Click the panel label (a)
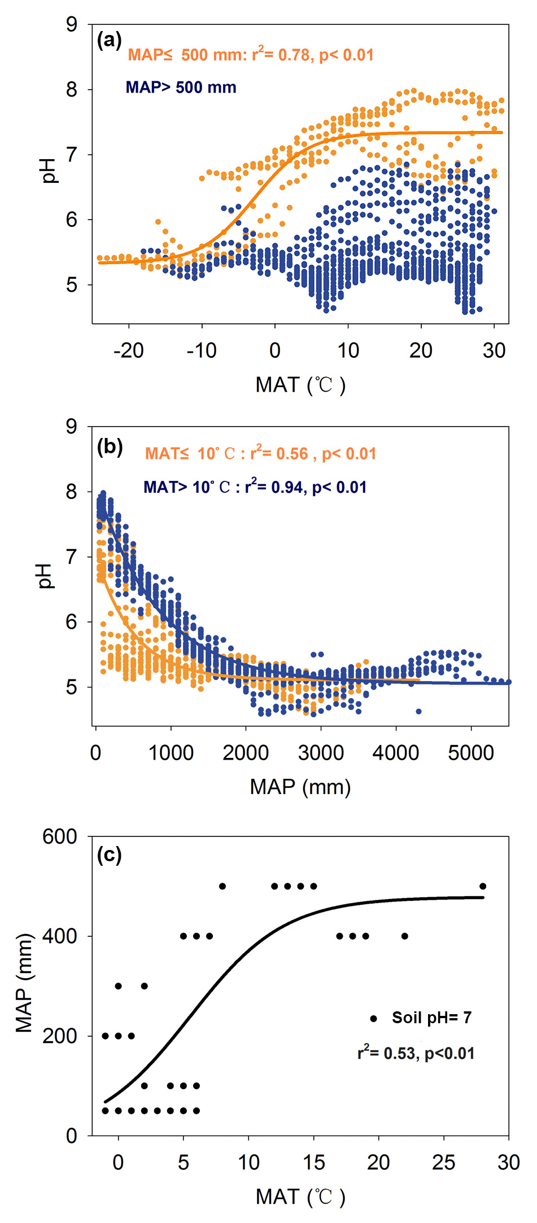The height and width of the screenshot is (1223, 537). click(x=109, y=41)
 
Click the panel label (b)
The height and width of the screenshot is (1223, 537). click(x=110, y=446)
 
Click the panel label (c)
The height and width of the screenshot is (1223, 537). click(x=109, y=855)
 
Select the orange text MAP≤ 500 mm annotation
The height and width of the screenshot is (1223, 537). click(x=250, y=55)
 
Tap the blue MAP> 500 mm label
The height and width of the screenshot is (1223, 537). click(x=181, y=87)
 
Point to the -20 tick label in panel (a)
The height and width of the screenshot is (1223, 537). click(x=129, y=351)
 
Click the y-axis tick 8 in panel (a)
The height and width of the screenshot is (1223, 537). click(x=72, y=90)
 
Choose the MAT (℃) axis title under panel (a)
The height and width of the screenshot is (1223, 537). click(x=300, y=385)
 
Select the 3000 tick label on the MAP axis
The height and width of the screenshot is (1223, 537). click(x=321, y=753)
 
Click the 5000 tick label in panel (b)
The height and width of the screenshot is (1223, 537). click(x=471, y=753)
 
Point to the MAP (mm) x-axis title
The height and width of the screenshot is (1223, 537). click(x=300, y=787)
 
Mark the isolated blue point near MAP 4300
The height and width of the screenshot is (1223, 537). click(x=418, y=711)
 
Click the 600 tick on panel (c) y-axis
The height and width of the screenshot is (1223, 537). click(x=60, y=836)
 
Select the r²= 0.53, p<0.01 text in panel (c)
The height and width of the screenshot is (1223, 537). click(x=416, y=1053)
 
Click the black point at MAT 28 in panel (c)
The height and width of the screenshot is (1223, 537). click(x=483, y=886)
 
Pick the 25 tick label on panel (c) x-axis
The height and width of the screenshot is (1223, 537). click(x=443, y=1163)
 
